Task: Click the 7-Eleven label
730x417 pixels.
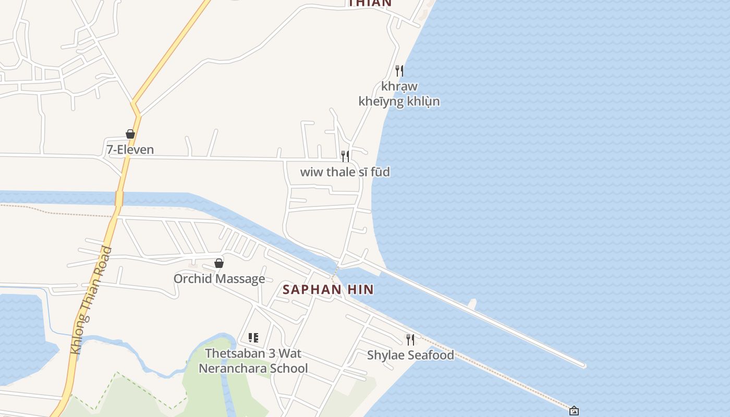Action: (x=130, y=150)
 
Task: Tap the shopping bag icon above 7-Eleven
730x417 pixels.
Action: (x=130, y=134)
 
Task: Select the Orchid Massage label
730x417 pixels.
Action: (x=219, y=278)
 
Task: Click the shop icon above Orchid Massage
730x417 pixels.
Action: (x=219, y=263)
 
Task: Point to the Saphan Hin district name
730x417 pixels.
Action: (x=328, y=290)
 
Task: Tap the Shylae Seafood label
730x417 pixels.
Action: (x=410, y=355)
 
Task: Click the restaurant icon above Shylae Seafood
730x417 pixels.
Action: (x=410, y=340)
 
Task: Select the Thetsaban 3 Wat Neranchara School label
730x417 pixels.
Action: (x=253, y=361)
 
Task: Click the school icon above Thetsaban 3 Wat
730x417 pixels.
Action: (x=253, y=338)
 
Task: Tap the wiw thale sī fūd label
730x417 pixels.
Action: (x=345, y=172)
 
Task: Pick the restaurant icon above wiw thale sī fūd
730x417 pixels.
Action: (x=345, y=156)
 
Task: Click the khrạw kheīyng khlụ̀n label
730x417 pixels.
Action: (x=399, y=94)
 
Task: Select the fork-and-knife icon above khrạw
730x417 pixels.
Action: (x=399, y=70)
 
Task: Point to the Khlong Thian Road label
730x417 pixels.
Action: (x=91, y=301)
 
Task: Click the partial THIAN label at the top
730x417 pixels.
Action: (x=370, y=3)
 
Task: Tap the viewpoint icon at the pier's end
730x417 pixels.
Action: (x=574, y=411)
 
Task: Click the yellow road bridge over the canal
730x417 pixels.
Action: (x=119, y=199)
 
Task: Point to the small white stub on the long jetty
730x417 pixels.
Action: (x=472, y=303)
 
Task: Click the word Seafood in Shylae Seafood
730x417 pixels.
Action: (x=430, y=355)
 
